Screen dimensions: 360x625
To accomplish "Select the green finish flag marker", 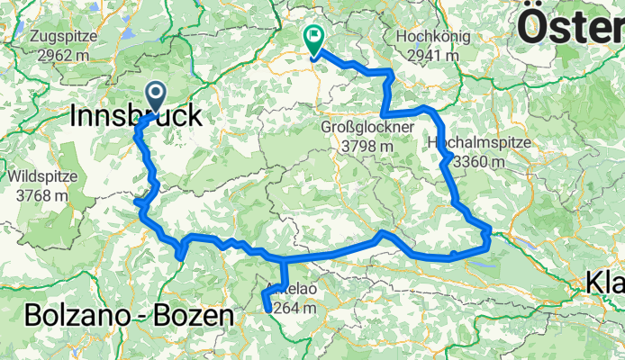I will (x=314, y=39).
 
